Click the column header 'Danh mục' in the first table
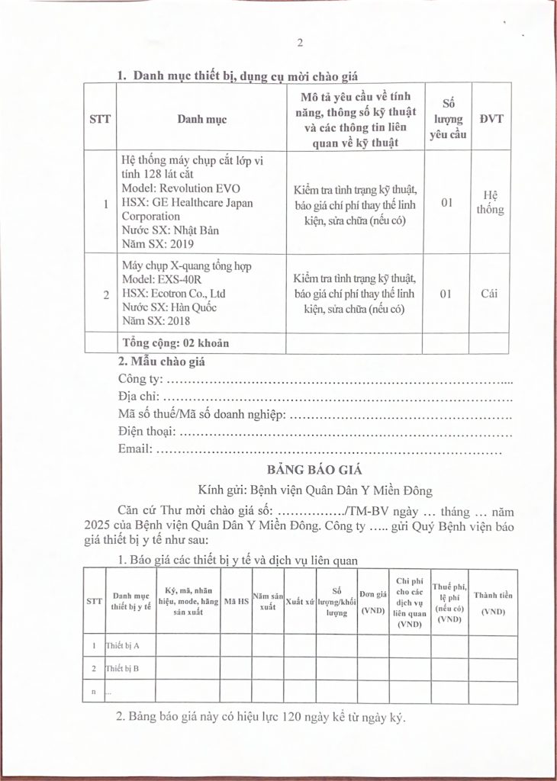tap(201, 119)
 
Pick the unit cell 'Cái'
tap(489, 293)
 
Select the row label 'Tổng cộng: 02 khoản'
tap(175, 342)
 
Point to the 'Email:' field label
tap(135, 450)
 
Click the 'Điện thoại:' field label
tap(147, 432)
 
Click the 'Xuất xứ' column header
tap(301, 601)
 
